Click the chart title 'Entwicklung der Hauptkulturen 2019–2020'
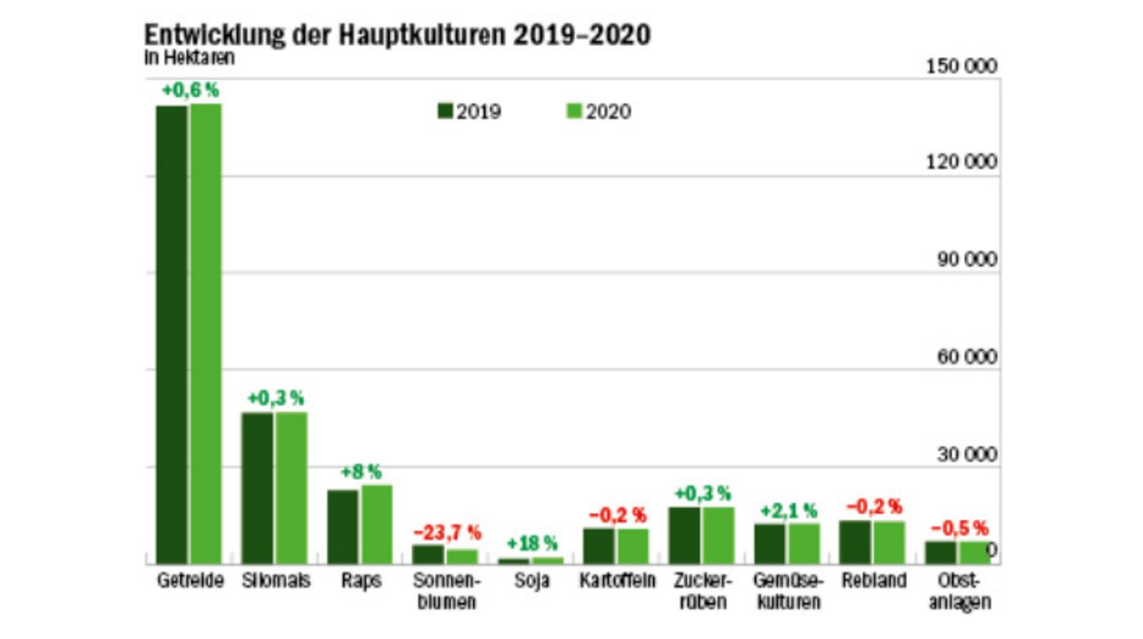(x=398, y=35)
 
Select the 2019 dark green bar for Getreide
(x=171, y=335)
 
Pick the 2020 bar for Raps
(x=377, y=524)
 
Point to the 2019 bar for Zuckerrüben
(x=684, y=535)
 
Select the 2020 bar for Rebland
(x=889, y=543)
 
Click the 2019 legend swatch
(x=445, y=112)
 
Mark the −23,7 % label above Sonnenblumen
(x=447, y=533)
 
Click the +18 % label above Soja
(x=531, y=544)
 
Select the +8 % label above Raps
(x=361, y=472)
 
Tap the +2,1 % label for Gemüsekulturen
(x=787, y=512)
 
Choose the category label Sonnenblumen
(x=447, y=592)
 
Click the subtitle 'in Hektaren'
(x=189, y=57)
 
